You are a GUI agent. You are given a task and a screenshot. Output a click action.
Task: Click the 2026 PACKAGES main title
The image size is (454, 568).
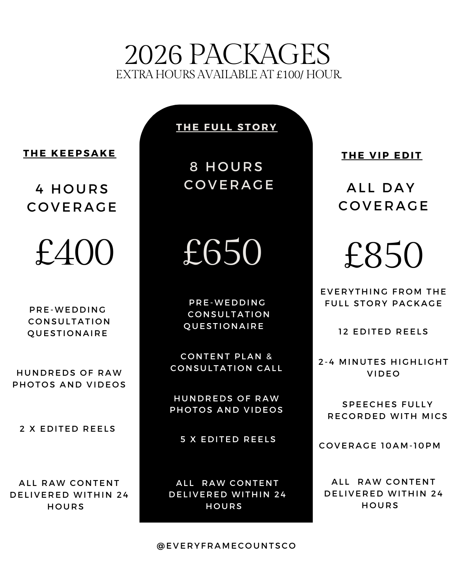(227, 54)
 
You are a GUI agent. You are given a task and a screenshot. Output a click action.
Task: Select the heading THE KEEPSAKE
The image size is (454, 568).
(69, 153)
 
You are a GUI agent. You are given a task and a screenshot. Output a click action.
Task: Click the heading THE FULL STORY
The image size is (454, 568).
(227, 127)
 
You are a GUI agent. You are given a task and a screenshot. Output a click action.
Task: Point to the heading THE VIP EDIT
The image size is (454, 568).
(382, 155)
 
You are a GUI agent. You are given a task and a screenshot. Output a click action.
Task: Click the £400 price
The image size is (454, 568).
(74, 252)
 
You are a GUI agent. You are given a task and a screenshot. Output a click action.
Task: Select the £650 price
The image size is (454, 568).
(222, 252)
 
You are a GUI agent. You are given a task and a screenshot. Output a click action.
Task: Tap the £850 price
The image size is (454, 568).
(383, 255)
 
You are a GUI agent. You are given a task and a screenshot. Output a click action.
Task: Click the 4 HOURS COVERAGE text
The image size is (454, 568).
(72, 198)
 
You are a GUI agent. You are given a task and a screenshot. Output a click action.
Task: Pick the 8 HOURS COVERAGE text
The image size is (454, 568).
(229, 175)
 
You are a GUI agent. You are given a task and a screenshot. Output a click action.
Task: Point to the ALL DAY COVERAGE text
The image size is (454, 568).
(383, 196)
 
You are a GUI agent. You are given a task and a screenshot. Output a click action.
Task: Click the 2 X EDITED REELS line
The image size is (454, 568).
(68, 429)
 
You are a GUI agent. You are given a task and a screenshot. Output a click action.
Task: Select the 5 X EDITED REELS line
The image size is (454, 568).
(228, 439)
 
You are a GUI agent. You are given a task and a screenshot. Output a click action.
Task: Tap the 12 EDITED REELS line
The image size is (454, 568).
(383, 332)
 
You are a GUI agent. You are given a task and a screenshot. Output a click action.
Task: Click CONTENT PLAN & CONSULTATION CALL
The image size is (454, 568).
(227, 362)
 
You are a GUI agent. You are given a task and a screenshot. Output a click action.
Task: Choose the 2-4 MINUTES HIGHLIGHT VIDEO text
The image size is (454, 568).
(383, 368)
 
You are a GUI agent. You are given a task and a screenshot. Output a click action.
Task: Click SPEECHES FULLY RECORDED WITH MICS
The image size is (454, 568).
(387, 410)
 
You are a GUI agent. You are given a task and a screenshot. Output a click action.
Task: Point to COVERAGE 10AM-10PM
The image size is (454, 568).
(380, 446)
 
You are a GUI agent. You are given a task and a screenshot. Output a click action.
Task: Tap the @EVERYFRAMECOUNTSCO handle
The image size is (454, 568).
(227, 546)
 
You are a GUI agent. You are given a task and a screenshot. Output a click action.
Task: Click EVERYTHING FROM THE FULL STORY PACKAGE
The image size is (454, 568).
(383, 297)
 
